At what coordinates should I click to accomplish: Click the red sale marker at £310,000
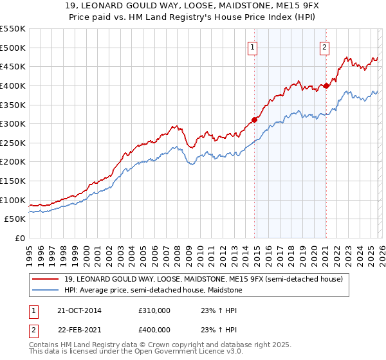[254, 119]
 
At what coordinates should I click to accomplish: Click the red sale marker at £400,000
[326, 85]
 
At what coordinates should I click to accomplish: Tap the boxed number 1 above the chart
[253, 47]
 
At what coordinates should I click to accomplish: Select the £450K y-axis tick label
[13, 66]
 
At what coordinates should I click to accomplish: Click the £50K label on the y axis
[15, 219]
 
